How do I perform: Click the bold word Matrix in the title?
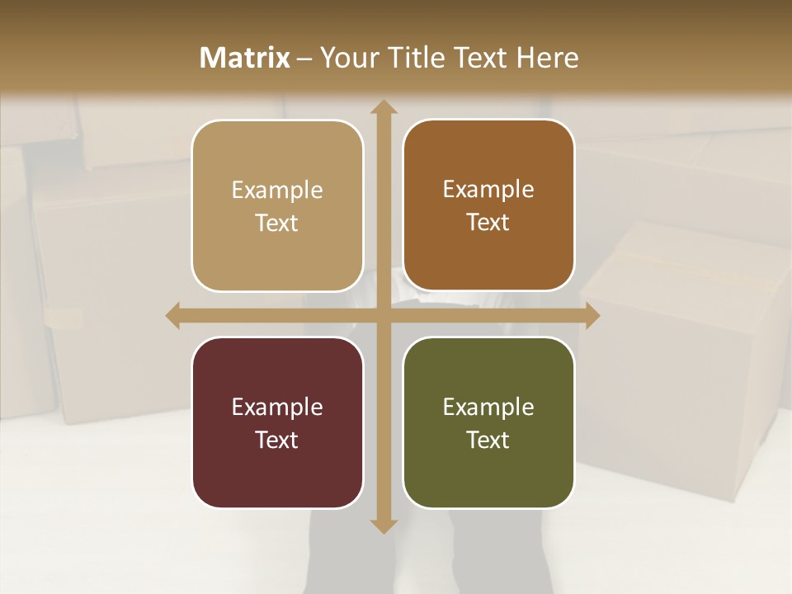click(x=245, y=58)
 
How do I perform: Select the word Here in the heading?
click(x=549, y=58)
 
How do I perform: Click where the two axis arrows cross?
click(x=383, y=315)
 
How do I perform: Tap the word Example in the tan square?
click(x=277, y=191)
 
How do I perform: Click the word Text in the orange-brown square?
click(x=488, y=223)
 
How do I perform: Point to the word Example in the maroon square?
click(x=277, y=408)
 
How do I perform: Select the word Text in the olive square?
click(x=488, y=440)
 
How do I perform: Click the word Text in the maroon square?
click(x=277, y=440)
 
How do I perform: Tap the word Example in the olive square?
click(x=488, y=408)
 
